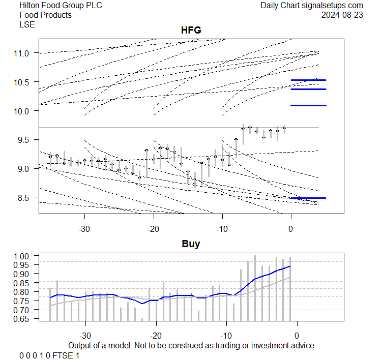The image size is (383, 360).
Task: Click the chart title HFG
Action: coord(191,31)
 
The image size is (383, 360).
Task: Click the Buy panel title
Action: coord(191,244)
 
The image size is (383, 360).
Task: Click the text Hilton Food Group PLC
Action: coord(53,6)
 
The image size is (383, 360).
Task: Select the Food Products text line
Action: coord(45,15)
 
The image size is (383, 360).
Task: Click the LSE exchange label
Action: coord(27,24)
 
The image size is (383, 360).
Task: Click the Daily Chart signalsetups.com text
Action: coord(312,6)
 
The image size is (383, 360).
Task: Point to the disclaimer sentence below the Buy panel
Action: coord(191,345)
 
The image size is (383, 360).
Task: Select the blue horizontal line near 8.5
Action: coord(308,197)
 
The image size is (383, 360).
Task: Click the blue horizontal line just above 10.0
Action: coord(308,105)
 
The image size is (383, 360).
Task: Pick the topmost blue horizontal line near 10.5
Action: coord(308,80)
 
